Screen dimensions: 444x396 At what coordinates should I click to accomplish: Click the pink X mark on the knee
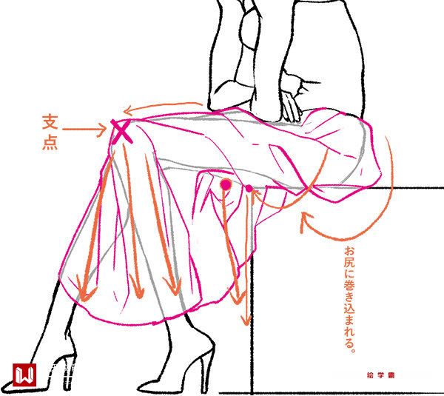pos(121,132)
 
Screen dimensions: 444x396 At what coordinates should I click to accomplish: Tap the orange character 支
pos(50,122)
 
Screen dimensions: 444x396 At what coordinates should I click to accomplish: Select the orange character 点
pos(50,142)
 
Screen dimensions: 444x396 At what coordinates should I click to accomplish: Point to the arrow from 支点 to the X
pos(84,130)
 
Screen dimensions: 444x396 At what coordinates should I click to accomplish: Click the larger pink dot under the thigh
pos(226,184)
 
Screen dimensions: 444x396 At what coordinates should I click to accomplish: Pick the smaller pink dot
pos(249,188)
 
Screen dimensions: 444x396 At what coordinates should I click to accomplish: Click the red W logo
pos(24,375)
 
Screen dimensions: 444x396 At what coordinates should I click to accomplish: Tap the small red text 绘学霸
pos(380,375)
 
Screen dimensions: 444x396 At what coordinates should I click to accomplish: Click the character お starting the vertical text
pos(349,252)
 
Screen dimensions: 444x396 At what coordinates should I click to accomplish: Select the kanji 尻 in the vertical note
pos(349,264)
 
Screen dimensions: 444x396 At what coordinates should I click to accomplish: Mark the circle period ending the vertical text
pos(352,349)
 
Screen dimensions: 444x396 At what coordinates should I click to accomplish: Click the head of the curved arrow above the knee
pos(125,111)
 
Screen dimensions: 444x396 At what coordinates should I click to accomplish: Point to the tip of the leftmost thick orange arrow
pos(83,301)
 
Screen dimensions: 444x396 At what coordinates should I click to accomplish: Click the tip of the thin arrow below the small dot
pos(246,325)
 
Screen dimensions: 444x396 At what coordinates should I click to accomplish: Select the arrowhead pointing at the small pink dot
pos(253,192)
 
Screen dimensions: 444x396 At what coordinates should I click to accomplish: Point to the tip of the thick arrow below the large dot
pos(238,303)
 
